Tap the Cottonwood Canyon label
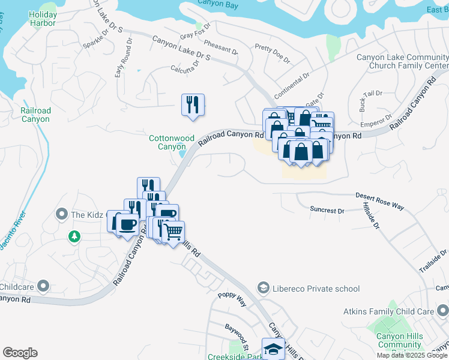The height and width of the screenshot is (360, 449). [172, 142]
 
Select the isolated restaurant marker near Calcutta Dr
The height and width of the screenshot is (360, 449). [193, 104]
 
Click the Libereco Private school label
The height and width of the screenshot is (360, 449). [315, 289]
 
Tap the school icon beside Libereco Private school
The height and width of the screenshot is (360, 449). [262, 289]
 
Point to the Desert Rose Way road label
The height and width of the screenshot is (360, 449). [379, 200]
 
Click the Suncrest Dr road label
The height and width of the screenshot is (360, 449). [327, 211]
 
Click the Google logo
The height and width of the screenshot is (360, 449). [20, 353]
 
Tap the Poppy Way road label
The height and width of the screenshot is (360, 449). [232, 299]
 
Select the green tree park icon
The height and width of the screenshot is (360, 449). [74, 236]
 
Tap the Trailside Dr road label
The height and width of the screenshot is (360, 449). [432, 262]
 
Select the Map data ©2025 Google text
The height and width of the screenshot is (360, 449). [412, 355]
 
